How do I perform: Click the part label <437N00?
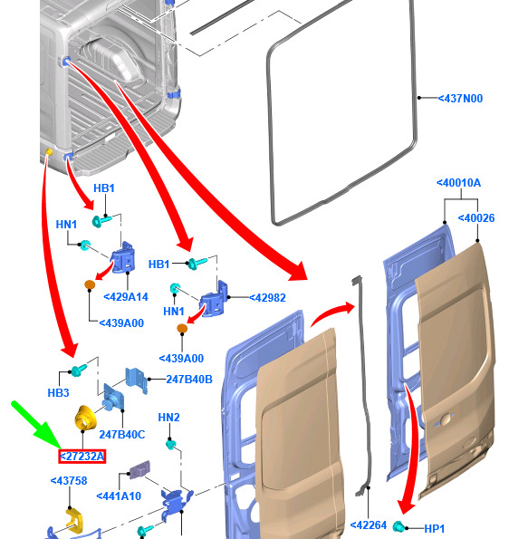(x=460, y=99)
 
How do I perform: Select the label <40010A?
(x=458, y=183)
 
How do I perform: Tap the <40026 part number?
(x=476, y=218)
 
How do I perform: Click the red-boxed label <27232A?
(x=82, y=457)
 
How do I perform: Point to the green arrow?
(x=36, y=425)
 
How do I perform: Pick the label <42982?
(x=267, y=298)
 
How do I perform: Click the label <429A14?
(x=126, y=297)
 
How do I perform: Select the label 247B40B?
(x=189, y=380)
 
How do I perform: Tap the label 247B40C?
(x=122, y=435)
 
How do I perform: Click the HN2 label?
(x=168, y=418)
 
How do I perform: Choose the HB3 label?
(x=59, y=392)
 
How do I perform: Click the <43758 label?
(x=69, y=480)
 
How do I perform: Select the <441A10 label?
(x=119, y=496)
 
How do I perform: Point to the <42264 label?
(x=369, y=525)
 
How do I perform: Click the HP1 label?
(x=435, y=528)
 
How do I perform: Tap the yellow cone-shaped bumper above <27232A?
(x=85, y=418)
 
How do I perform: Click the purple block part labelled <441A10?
(x=139, y=469)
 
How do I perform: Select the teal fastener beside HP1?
(x=398, y=526)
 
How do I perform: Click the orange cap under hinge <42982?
(x=182, y=328)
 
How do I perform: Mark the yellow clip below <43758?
(x=74, y=520)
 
